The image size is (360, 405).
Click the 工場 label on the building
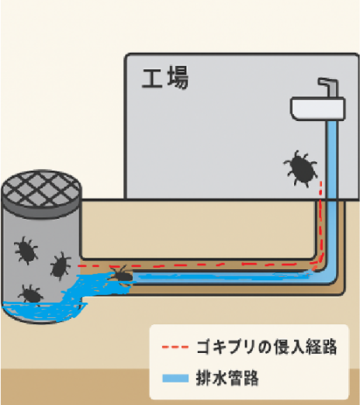coord(165,78)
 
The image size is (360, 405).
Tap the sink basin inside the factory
coord(317,109)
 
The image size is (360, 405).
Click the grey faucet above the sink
coord(329,88)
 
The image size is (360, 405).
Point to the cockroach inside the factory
coord(301,168)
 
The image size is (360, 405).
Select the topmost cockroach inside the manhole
coord(26,250)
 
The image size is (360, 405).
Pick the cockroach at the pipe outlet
coord(121,275)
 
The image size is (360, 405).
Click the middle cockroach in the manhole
coord(61,266)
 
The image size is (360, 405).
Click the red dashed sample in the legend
coord(175,347)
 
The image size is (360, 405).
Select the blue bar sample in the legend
coord(175,378)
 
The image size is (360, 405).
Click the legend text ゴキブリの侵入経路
coord(267,347)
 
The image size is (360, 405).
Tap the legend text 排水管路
coord(227,378)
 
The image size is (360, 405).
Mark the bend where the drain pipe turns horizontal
coord(327,277)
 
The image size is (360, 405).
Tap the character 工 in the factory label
coord(152,78)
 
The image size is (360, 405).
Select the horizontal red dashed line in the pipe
coord(196,265)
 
